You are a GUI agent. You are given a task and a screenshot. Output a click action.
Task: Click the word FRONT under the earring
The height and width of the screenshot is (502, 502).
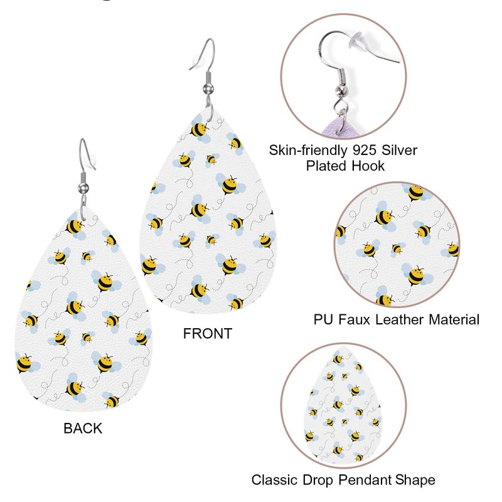208,333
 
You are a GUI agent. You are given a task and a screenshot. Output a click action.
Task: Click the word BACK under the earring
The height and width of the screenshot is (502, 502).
83,429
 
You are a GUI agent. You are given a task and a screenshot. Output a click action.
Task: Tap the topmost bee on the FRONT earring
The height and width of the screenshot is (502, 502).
200,129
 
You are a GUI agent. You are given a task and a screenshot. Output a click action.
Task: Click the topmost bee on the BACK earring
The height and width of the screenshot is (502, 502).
75,224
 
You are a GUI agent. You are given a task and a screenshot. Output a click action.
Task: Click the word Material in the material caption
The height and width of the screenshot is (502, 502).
453,319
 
